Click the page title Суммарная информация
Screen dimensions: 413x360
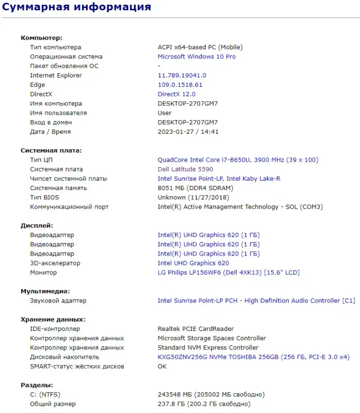tap(76, 7)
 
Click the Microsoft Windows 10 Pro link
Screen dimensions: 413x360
tap(196, 57)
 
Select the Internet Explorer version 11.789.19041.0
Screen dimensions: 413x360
tap(182, 75)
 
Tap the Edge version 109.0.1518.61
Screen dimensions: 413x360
tap(180, 85)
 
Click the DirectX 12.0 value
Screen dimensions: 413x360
tap(176, 94)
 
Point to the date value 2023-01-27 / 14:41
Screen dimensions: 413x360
tap(188, 132)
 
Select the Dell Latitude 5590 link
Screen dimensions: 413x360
tap(185, 169)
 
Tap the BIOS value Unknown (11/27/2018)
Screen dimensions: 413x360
tap(193, 197)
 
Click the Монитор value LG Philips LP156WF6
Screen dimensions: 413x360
tap(228, 273)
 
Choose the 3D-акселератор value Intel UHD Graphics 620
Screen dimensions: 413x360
tap(193, 263)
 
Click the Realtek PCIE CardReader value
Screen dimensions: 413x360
tap(195, 329)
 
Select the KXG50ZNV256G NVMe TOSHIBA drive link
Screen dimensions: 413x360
tap(253, 357)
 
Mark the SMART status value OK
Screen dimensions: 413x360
tap(162, 367)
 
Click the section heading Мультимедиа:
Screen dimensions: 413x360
tap(45, 291)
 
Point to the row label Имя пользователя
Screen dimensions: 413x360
tap(58, 113)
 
